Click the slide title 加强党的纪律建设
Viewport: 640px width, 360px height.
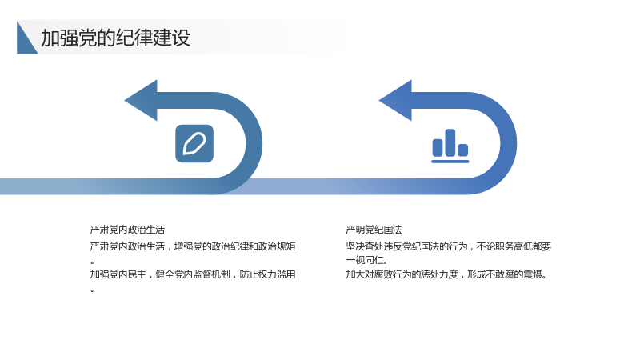pyautogui.click(x=115, y=38)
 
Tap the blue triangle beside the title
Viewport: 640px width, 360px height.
pyautogui.click(x=25, y=42)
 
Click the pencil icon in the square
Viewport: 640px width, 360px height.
pyautogui.click(x=194, y=144)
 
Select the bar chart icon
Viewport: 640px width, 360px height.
pyautogui.click(x=450, y=146)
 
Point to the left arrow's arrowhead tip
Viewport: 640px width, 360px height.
pyautogui.click(x=125, y=101)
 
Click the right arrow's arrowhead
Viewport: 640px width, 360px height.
pyautogui.click(x=395, y=101)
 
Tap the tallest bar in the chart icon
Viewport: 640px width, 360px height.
pyautogui.click(x=450, y=142)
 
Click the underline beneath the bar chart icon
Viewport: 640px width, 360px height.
pyautogui.click(x=450, y=162)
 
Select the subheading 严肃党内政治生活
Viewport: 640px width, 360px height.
pyautogui.click(x=127, y=230)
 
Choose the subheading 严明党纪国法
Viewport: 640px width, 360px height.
pyautogui.click(x=374, y=230)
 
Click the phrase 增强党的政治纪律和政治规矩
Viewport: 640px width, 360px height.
pyautogui.click(x=234, y=246)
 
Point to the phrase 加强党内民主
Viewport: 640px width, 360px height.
pyautogui.click(x=118, y=274)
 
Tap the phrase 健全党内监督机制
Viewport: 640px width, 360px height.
pyautogui.click(x=193, y=274)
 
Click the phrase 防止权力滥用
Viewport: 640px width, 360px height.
pyautogui.click(x=267, y=274)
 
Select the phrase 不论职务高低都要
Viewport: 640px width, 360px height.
pyautogui.click(x=514, y=246)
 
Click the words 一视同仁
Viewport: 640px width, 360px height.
pyautogui.click(x=365, y=260)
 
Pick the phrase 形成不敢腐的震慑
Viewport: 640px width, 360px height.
pyautogui.click(x=505, y=274)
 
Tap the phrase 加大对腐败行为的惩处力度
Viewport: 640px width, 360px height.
pyautogui.click(x=402, y=274)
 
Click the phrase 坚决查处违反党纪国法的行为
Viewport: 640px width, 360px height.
pyautogui.click(x=406, y=246)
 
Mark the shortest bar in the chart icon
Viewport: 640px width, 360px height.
pyautogui.click(x=463, y=150)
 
